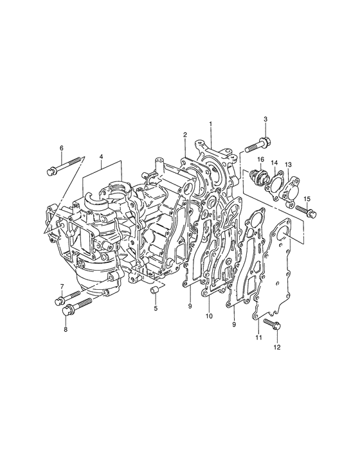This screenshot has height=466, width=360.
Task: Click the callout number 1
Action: pyautogui.click(x=210, y=123)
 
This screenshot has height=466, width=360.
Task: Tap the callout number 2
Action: pyautogui.click(x=185, y=135)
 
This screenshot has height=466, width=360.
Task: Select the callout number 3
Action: pyautogui.click(x=265, y=119)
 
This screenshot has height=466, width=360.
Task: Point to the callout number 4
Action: pyautogui.click(x=101, y=156)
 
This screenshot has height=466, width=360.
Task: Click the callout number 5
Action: pyautogui.click(x=156, y=309)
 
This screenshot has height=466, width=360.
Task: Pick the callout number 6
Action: pyautogui.click(x=62, y=148)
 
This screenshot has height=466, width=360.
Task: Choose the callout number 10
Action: pyautogui.click(x=209, y=316)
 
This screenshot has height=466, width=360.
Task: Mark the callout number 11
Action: pyautogui.click(x=258, y=337)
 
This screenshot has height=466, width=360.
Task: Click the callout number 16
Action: pyautogui.click(x=261, y=159)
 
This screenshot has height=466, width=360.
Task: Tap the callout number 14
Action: pyautogui.click(x=274, y=163)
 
